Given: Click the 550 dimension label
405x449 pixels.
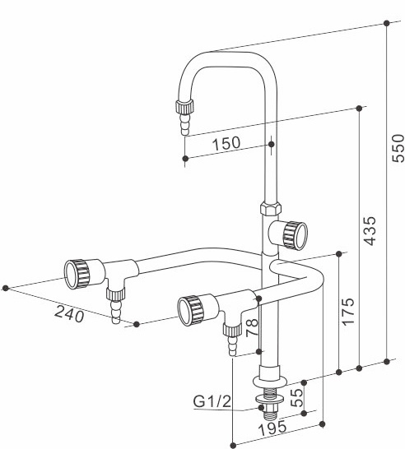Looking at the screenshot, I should (x=398, y=147).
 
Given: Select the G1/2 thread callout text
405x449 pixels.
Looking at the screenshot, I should (x=211, y=401).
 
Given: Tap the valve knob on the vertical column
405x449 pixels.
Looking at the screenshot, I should (x=295, y=234).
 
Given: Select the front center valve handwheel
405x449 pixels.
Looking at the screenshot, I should (x=190, y=309).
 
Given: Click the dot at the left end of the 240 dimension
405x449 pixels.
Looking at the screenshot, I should (x=7, y=288).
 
